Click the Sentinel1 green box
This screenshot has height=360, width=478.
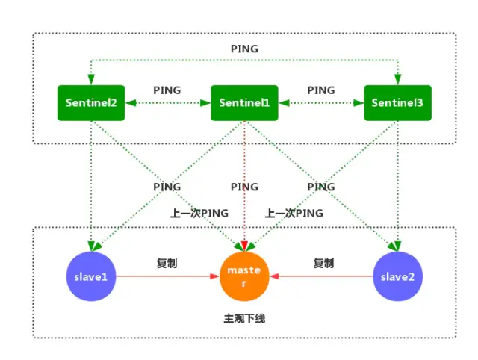pyautogui.click(x=244, y=102)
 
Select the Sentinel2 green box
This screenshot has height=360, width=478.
pyautogui.click(x=90, y=102)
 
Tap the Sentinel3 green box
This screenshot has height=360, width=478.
pyautogui.click(x=398, y=102)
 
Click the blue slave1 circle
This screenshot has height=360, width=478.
pyautogui.click(x=90, y=276)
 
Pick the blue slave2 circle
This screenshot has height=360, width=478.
pyautogui.click(x=398, y=276)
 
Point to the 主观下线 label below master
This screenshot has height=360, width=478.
pyautogui.click(x=244, y=319)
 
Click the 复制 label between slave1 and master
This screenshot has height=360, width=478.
pyautogui.click(x=167, y=264)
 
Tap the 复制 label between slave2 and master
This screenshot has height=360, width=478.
pyautogui.click(x=323, y=264)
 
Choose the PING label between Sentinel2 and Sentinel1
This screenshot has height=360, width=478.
pyautogui.click(x=167, y=90)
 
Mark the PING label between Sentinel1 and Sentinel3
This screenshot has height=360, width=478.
pyautogui.click(x=321, y=90)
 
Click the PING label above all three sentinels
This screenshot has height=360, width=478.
pyautogui.click(x=244, y=49)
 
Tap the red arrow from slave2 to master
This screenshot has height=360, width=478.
pyautogui.click(x=321, y=276)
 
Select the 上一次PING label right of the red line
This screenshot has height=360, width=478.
pyautogui.click(x=294, y=213)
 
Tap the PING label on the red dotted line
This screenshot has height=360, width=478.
pyautogui.click(x=244, y=187)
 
